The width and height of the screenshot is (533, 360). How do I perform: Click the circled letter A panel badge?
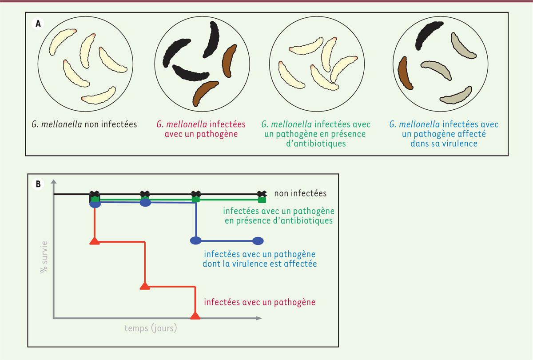point(38,24)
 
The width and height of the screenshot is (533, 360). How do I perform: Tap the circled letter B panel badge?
point(38,184)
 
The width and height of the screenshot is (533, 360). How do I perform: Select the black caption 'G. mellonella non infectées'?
point(84,124)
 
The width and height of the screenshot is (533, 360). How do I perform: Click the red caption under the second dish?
point(201,129)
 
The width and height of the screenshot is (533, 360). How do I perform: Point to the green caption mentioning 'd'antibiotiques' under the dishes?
point(316,134)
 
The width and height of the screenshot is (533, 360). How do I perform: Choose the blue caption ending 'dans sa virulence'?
point(444,134)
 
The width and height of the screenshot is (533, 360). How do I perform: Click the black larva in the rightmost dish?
point(429,35)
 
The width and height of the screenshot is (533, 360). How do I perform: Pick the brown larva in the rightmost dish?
point(405,73)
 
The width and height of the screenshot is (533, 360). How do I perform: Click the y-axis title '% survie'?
point(44,257)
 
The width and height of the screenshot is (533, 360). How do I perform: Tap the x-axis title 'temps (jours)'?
point(151,328)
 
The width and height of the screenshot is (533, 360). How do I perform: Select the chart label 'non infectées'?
point(300,193)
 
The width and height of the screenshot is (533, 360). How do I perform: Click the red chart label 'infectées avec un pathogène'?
point(259,302)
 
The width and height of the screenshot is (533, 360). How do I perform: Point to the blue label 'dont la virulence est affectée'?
point(259,264)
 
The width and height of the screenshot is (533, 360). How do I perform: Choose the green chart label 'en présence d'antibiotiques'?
point(278,220)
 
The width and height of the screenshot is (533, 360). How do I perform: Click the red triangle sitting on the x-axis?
point(195,316)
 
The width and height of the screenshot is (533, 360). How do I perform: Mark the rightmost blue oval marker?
point(258,241)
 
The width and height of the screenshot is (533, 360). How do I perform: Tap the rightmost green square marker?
point(262,200)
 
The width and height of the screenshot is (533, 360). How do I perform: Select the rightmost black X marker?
point(262,194)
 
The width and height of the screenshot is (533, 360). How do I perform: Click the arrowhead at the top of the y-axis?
point(54,182)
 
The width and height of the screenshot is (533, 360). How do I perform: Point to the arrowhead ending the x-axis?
point(259,318)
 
